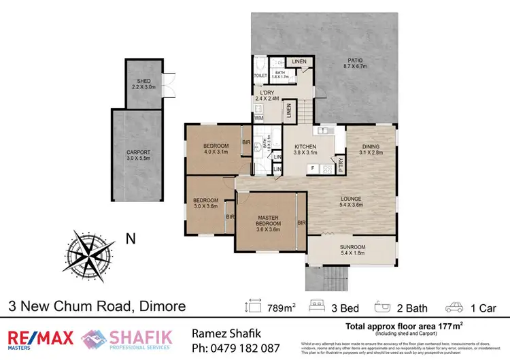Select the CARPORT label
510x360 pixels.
138,154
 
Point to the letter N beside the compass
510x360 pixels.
130,238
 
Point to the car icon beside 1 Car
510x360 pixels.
454,308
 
